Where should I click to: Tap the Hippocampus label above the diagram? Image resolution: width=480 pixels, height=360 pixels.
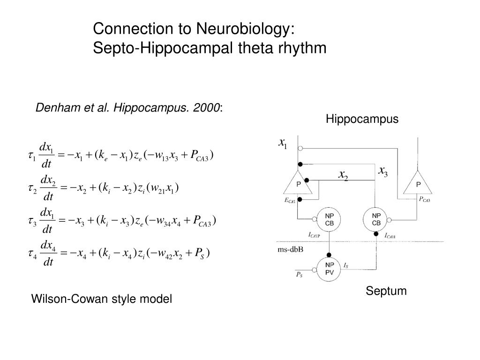click(x=362, y=120)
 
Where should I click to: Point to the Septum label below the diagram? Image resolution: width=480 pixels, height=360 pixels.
click(x=386, y=292)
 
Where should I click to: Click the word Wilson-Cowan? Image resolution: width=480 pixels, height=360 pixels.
click(x=63, y=299)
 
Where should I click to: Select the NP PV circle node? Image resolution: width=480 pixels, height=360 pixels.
click(x=329, y=268)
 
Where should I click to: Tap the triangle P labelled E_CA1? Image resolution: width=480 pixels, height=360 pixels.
click(x=298, y=183)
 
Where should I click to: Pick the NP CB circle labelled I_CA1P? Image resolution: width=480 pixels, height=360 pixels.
click(x=329, y=219)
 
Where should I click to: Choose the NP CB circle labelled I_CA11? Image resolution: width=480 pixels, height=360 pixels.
click(x=376, y=219)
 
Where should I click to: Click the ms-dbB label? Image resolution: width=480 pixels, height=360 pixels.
click(x=290, y=249)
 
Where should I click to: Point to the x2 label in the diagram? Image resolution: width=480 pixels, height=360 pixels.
click(x=344, y=175)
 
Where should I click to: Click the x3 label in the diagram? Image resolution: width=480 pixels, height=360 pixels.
click(x=383, y=171)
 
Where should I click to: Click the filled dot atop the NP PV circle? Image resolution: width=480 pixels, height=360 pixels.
click(x=329, y=254)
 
